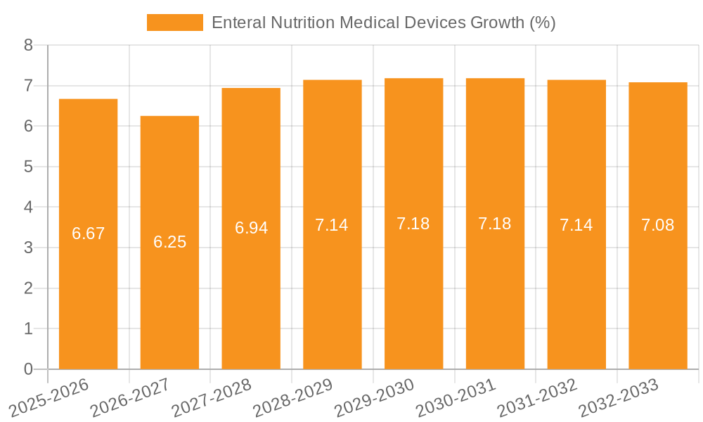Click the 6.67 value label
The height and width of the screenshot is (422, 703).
(x=88, y=234)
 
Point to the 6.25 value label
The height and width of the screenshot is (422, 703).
(x=169, y=242)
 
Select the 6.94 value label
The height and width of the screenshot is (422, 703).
(x=251, y=228)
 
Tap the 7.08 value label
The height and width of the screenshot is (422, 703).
(x=657, y=225)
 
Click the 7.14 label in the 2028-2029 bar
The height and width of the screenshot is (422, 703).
(x=332, y=225)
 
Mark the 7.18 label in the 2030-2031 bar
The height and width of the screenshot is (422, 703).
(x=495, y=224)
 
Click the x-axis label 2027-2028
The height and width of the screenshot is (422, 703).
(x=212, y=398)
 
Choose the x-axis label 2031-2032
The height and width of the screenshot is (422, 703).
(x=537, y=398)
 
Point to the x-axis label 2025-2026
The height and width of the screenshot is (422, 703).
(x=49, y=398)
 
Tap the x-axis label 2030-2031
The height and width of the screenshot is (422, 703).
(x=456, y=398)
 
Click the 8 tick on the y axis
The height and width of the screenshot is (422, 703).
(x=28, y=45)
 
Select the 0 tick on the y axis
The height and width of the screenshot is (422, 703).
(x=28, y=369)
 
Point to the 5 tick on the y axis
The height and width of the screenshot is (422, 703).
(x=28, y=167)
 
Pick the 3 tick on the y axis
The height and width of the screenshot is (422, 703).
(x=28, y=248)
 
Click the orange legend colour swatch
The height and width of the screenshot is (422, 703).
(x=174, y=23)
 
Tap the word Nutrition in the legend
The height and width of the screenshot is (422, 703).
(x=301, y=23)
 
